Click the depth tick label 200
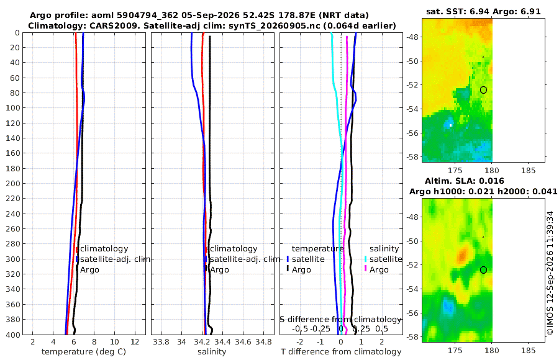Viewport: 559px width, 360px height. (x=12, y=183)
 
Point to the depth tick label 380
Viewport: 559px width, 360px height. (x=12, y=319)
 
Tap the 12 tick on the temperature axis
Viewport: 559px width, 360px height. (x=135, y=341)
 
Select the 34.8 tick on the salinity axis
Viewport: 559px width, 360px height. (x=263, y=341)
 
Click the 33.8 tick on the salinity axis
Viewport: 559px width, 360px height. (x=161, y=341)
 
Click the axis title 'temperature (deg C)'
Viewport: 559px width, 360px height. (x=84, y=352)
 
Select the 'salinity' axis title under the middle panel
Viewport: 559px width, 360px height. (x=212, y=352)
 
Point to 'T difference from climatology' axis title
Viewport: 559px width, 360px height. (x=341, y=352)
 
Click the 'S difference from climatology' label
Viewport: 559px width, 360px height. (x=340, y=319)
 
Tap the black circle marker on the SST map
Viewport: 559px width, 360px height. (x=483, y=90)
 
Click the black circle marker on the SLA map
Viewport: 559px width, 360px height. (x=483, y=270)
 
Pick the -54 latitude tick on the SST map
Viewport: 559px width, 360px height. (x=412, y=109)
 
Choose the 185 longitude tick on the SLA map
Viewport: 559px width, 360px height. (x=528, y=350)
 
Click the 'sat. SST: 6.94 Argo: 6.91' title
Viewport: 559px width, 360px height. (x=483, y=11)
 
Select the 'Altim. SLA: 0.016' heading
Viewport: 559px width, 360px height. (x=465, y=181)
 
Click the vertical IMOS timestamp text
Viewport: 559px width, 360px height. (x=550, y=272)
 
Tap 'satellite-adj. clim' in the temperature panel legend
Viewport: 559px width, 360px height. (x=115, y=259)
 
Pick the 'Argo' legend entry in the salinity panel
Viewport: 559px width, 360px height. (x=219, y=270)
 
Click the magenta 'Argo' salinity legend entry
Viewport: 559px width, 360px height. (x=379, y=270)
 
